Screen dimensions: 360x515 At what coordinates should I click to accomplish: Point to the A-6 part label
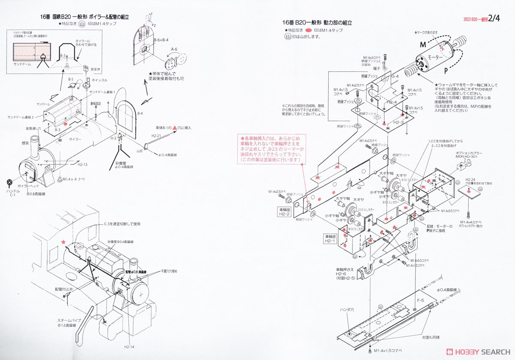[x=174, y=49]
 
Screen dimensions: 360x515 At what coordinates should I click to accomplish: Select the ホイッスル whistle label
[x=99, y=80]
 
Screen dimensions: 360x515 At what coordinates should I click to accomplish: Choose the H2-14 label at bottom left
[x=128, y=347]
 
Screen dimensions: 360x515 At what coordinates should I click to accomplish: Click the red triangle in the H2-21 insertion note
[x=174, y=128]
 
